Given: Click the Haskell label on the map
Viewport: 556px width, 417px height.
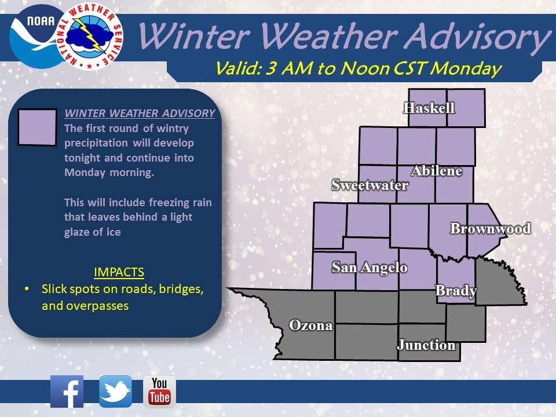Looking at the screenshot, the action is pyautogui.click(x=429, y=108).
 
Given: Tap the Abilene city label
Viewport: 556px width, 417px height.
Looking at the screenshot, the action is pyautogui.click(x=437, y=171).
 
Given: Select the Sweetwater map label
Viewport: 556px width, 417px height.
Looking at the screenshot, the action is pyautogui.click(x=370, y=185).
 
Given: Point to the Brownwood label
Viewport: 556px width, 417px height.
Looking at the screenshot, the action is pyautogui.click(x=491, y=228).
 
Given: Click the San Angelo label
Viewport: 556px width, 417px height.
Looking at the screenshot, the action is pyautogui.click(x=370, y=268).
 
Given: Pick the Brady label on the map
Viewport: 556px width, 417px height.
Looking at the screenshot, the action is pyautogui.click(x=456, y=291).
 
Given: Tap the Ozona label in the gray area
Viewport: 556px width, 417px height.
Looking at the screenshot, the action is pyautogui.click(x=311, y=325).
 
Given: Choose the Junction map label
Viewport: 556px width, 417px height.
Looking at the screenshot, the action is pyautogui.click(x=426, y=345).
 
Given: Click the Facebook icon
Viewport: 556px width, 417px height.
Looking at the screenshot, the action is pyautogui.click(x=67, y=392).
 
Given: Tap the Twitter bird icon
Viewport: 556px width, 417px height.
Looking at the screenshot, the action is pyautogui.click(x=116, y=392).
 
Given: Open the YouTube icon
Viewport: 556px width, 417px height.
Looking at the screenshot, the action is pyautogui.click(x=159, y=392).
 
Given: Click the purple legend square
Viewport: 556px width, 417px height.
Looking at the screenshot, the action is pyautogui.click(x=37, y=127).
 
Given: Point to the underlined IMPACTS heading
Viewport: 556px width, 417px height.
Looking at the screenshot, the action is pyautogui.click(x=119, y=272).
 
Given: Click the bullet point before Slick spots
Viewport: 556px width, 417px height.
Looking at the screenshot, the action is pyautogui.click(x=27, y=289).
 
